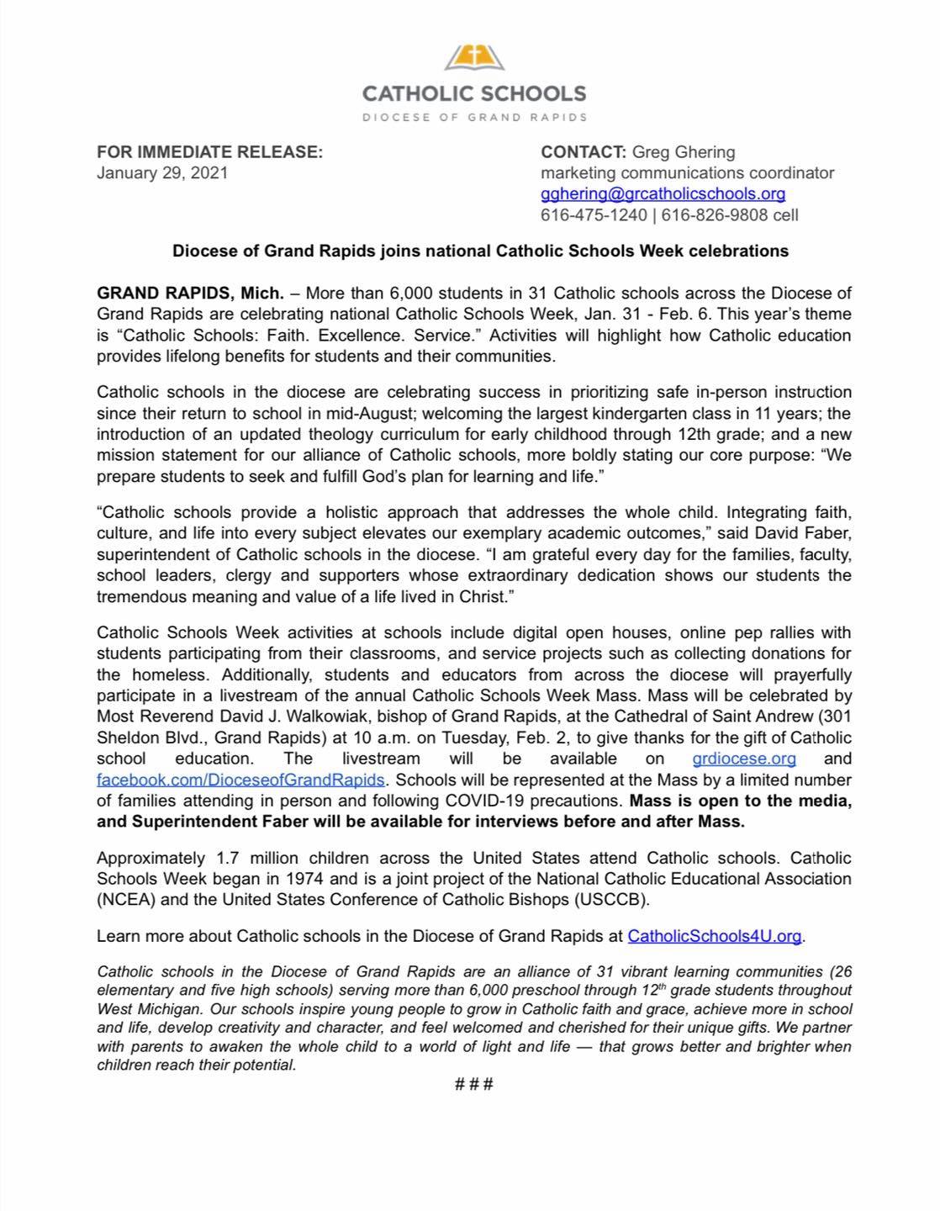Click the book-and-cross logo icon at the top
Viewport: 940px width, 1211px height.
[474, 60]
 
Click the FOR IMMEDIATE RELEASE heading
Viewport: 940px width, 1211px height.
[209, 152]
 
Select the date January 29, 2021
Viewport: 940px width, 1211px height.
[162, 173]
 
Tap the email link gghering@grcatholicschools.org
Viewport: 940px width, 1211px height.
[663, 193]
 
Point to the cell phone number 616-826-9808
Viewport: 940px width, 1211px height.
[714, 214]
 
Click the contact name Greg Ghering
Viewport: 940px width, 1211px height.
[683, 152]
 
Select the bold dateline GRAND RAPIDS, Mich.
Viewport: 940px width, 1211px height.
[190, 293]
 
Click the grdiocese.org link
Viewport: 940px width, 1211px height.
[744, 759]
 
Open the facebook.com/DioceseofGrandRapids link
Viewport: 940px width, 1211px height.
[240, 780]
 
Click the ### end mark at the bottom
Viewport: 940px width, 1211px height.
[473, 1084]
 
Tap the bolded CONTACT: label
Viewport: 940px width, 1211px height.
[583, 152]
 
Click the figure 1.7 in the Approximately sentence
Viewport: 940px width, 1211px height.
[230, 858]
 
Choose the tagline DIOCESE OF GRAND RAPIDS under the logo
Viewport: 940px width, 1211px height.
[474, 117]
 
